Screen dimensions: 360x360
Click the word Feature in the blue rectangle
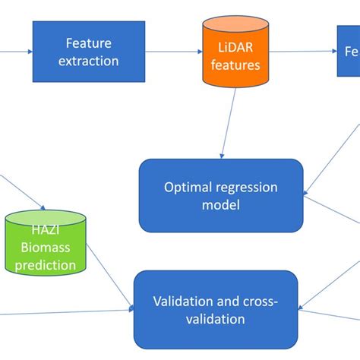coord(88,43)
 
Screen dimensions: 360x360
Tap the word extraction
coord(88,60)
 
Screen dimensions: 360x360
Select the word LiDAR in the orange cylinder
coord(231,48)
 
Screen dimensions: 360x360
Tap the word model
coord(221,205)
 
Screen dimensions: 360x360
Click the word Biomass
coord(46,248)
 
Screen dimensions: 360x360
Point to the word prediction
coord(46,265)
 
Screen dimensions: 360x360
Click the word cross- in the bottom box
coord(258,302)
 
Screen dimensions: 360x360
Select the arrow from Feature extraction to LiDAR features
coord(173,52)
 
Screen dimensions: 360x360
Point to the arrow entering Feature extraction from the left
coord(15,52)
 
